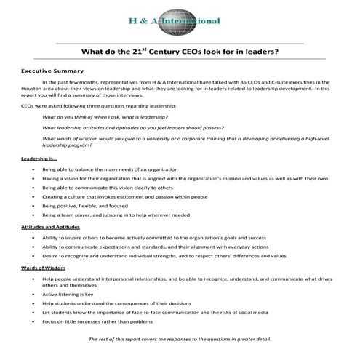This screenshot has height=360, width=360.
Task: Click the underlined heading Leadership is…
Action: pos(39,159)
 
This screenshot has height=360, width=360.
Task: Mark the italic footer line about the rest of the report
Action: pos(180,340)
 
